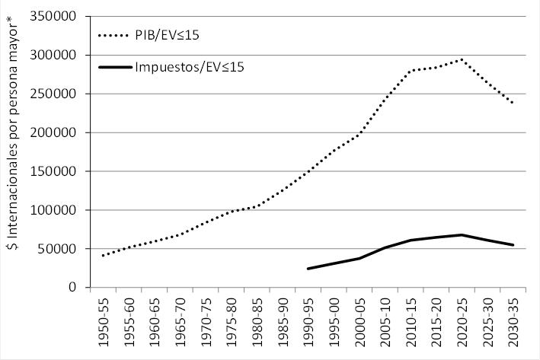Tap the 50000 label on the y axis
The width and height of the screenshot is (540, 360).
[x=55, y=249]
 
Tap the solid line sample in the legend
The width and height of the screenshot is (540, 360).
[x=115, y=67]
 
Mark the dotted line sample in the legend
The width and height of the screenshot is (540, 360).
[x=115, y=34]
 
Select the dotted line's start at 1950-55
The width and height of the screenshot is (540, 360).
[x=103, y=256]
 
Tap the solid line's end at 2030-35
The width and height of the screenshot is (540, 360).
[x=513, y=245]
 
